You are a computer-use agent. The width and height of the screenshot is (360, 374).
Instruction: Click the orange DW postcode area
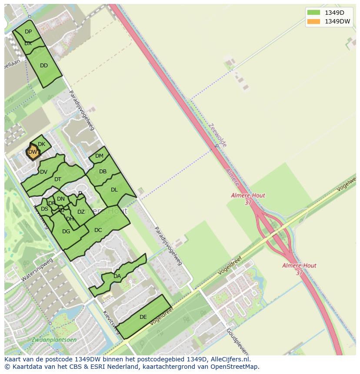33,152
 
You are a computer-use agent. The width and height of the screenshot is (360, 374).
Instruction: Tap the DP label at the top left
28,32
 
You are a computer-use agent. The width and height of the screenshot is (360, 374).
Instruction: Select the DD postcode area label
44,66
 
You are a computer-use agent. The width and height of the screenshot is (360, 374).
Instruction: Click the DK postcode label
42,144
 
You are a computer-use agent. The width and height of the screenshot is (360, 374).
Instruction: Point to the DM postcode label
99,156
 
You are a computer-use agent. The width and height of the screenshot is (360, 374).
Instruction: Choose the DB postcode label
103,172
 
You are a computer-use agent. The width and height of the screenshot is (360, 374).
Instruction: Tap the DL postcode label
114,190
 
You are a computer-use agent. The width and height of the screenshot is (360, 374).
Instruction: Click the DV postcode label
43,172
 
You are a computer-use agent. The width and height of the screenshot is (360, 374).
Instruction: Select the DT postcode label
58,179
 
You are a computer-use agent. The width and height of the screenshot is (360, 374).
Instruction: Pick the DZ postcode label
81,212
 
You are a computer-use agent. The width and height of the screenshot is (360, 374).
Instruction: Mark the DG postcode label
66,232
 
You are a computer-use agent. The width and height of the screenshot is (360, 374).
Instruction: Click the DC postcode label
98,230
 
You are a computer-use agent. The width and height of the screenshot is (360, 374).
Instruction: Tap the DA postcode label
117,276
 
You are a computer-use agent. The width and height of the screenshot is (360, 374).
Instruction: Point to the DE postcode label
143,317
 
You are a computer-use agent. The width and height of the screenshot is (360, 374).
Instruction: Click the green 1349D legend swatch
313,12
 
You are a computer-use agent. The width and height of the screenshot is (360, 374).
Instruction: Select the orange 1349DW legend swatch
313,21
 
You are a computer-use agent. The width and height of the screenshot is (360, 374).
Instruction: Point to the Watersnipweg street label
37,269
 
